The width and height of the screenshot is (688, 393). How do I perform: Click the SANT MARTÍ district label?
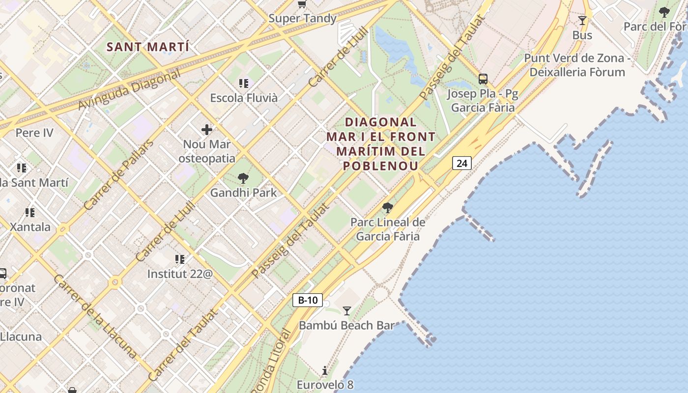tap(148, 47)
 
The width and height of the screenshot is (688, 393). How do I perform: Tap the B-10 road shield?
tap(308, 300)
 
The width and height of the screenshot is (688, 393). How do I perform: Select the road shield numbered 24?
tap(462, 163)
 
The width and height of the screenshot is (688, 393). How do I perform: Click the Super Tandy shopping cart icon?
tap(302, 4)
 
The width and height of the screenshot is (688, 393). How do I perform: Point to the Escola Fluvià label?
tap(244, 98)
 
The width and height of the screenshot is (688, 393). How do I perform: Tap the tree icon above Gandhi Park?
tap(243, 178)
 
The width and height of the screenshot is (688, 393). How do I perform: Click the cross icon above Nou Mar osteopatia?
tap(207, 130)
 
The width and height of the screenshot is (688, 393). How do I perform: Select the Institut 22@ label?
tap(180, 274)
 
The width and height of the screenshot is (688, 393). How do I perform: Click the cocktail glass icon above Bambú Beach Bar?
tap(347, 310)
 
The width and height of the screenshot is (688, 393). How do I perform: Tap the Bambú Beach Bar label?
tap(346, 325)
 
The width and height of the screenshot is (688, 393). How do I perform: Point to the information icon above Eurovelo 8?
tap(324, 370)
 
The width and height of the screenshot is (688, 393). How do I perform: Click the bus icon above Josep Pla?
tap(483, 79)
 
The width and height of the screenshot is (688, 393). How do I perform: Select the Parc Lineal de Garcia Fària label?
tap(388, 229)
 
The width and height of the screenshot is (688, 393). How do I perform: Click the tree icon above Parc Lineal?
tap(388, 207)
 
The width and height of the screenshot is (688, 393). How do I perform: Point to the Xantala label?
tap(30, 227)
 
